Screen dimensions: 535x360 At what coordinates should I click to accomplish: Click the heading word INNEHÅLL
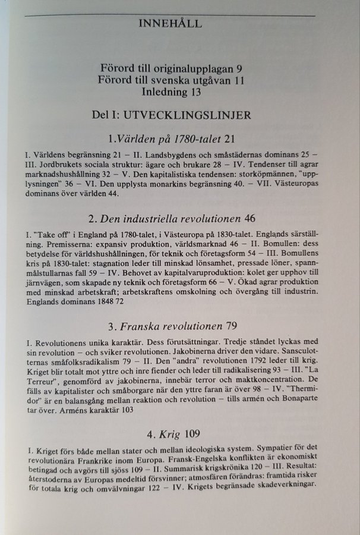click(x=170, y=24)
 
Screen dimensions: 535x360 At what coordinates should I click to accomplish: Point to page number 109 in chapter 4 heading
click(x=191, y=433)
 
